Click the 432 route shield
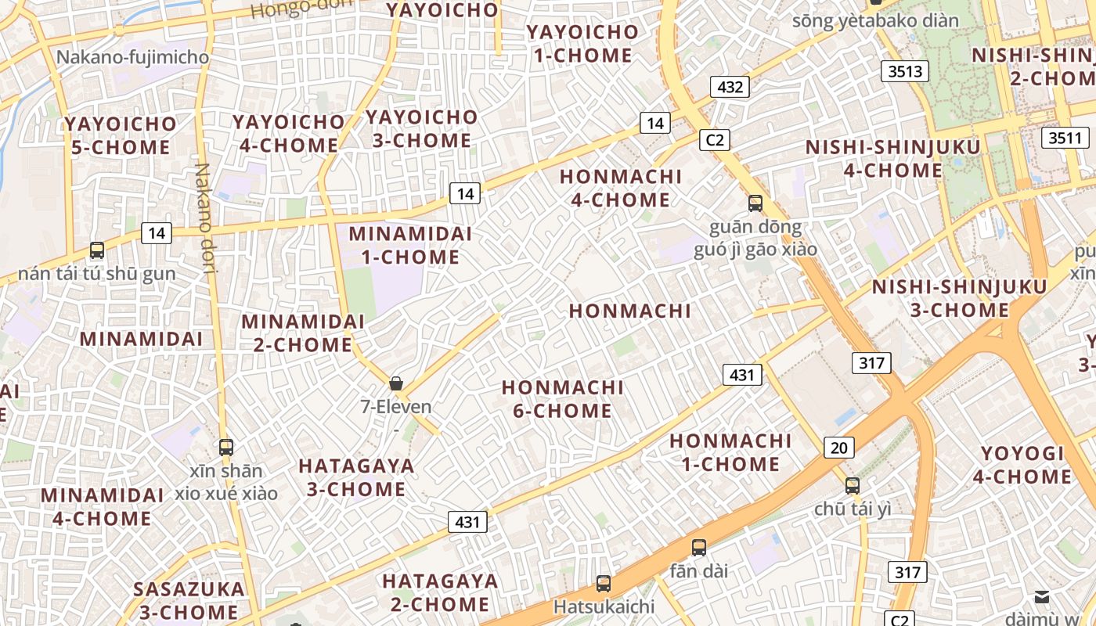click(x=730, y=87)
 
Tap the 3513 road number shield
click(x=906, y=71)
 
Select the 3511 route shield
click(x=1065, y=139)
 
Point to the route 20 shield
click(x=838, y=448)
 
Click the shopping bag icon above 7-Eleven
click(x=396, y=383)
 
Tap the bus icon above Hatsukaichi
click(x=603, y=583)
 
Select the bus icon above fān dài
click(x=698, y=548)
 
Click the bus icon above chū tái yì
click(x=853, y=485)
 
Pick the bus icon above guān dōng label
click(x=755, y=203)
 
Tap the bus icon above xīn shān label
click(x=225, y=448)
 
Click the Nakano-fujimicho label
click(x=132, y=57)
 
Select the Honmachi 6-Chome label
click(x=562, y=399)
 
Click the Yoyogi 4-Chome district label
click(x=1022, y=465)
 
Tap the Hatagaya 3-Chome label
click(x=356, y=477)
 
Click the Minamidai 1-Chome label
click(x=410, y=245)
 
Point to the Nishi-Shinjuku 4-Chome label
click(x=892, y=158)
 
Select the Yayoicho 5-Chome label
click(x=121, y=135)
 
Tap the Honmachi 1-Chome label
click(x=730, y=452)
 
